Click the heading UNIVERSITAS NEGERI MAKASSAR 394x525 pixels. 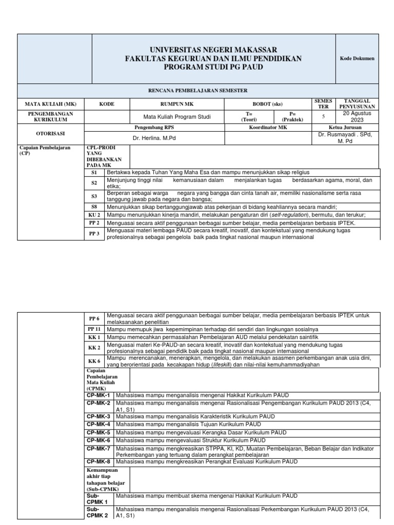click(213, 50)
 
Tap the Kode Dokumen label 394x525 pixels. click(357, 58)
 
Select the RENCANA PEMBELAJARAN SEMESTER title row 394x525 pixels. click(213, 89)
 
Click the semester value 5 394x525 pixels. click(323, 116)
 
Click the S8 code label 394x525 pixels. click(94, 207)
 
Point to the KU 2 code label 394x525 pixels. click(94, 215)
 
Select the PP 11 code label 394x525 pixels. click(94, 328)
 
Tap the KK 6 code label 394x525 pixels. click(94, 361)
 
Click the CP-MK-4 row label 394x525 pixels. click(98, 425)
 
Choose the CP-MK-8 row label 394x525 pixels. click(98, 462)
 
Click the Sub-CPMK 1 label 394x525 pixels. click(97, 499)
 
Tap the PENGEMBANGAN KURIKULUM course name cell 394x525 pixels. click(50, 116)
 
